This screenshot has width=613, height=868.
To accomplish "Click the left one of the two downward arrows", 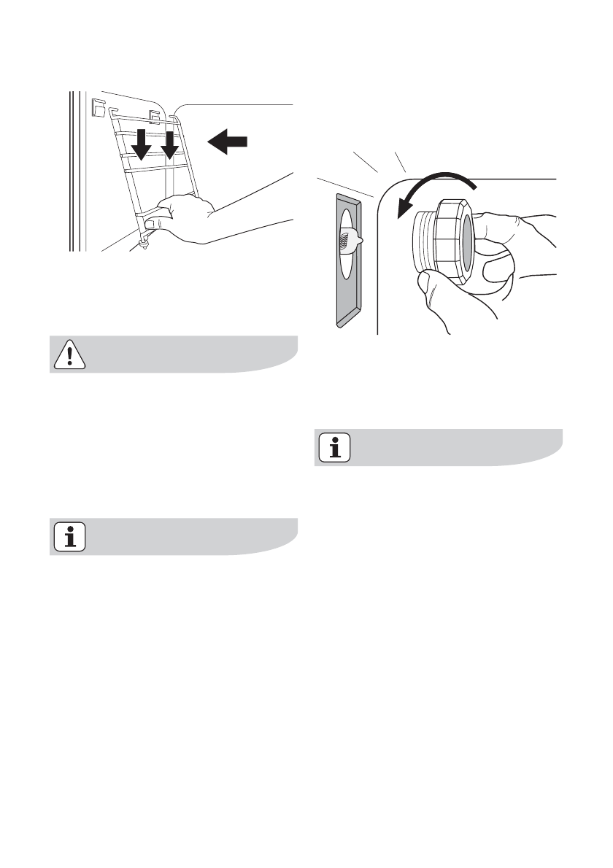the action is click(x=142, y=146).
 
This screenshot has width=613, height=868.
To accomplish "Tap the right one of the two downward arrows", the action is click(x=169, y=146).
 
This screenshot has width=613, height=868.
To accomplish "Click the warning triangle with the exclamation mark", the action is click(x=68, y=354).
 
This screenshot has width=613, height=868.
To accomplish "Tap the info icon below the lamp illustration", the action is click(x=335, y=447).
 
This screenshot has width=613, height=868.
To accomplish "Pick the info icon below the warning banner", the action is click(x=69, y=537).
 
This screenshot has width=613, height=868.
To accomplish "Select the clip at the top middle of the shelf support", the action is click(x=155, y=114).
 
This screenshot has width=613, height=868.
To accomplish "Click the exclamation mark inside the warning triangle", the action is click(x=68, y=356).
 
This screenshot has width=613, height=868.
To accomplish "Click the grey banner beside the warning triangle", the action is click(x=190, y=354).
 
